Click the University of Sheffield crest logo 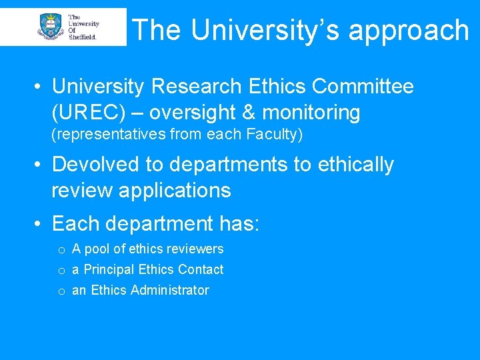(x=52, y=27)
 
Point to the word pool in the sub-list (x=97, y=249)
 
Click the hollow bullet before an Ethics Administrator (x=61, y=291)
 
